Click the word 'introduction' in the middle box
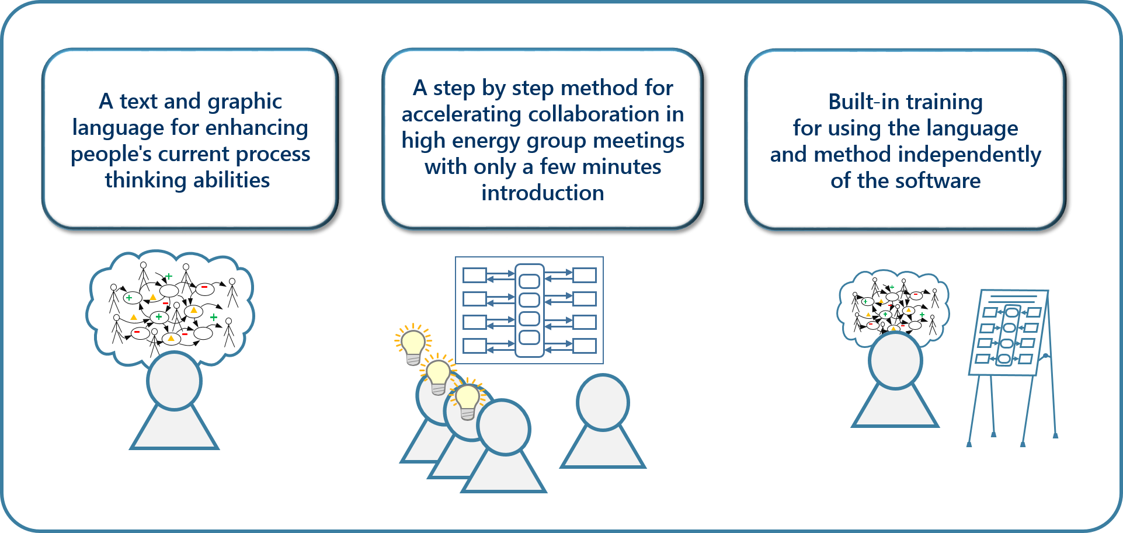click(x=543, y=193)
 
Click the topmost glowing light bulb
click(x=413, y=345)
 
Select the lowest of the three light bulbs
click(x=467, y=399)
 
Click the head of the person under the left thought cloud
click(x=174, y=381)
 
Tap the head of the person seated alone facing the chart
click(x=603, y=402)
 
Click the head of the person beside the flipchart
click(x=895, y=360)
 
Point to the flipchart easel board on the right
click(x=1009, y=333)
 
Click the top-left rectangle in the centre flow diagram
click(x=474, y=275)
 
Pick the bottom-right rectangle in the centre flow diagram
click(x=585, y=346)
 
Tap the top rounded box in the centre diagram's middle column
click(x=529, y=281)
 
